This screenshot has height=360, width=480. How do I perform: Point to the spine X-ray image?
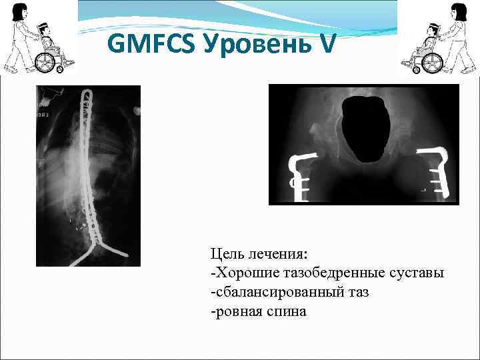tap(88, 176)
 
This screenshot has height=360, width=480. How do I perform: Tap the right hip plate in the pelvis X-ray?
tap(439, 175)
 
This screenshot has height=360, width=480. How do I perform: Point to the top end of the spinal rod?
tap(86, 93)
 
